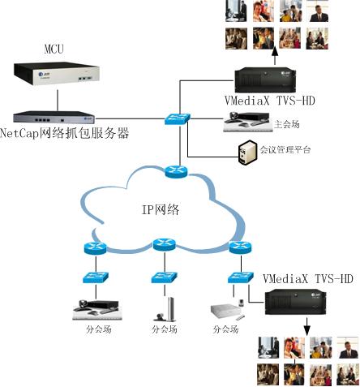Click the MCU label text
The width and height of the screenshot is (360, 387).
tap(54, 49)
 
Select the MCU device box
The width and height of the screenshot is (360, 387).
tap(57, 74)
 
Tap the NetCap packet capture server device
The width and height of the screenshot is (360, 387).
tap(54, 117)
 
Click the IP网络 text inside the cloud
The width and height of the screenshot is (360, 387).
tap(161, 209)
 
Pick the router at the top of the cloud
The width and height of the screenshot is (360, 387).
tap(176, 171)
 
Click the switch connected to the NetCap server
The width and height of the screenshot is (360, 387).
tap(178, 118)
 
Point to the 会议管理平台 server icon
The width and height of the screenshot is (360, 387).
tap(247, 152)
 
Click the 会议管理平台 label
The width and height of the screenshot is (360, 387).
tap(285, 149)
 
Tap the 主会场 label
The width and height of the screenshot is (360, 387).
tap(287, 124)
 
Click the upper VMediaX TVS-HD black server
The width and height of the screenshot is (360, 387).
tap(265, 80)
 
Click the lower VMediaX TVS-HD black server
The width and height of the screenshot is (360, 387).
tap(295, 302)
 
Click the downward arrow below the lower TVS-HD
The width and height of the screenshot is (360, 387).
tap(306, 327)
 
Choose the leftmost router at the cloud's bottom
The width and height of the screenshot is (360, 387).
tap(95, 248)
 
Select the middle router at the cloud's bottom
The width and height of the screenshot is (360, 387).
tap(165, 245)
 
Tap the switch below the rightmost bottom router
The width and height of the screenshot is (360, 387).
tap(241, 277)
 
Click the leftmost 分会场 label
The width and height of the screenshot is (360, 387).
tap(99, 329)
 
